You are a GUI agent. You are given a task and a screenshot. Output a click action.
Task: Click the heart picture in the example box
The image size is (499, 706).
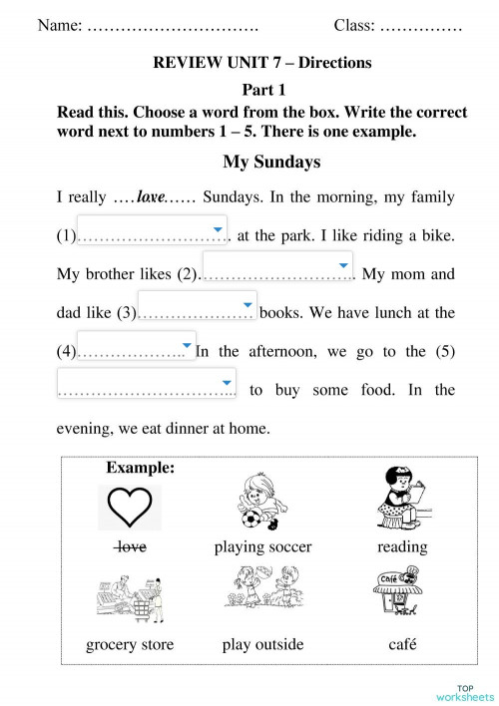pos(133,509)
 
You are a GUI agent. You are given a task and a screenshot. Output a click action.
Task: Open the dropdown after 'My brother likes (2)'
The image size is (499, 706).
pos(277,266)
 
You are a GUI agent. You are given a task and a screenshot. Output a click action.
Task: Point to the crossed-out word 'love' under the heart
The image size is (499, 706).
pos(132,546)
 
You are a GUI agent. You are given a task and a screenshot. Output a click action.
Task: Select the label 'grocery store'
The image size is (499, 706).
pos(130,644)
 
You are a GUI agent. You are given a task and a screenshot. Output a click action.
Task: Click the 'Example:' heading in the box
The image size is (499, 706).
pos(141,467)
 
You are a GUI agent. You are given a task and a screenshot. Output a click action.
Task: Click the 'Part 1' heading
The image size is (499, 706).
pos(262,89)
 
